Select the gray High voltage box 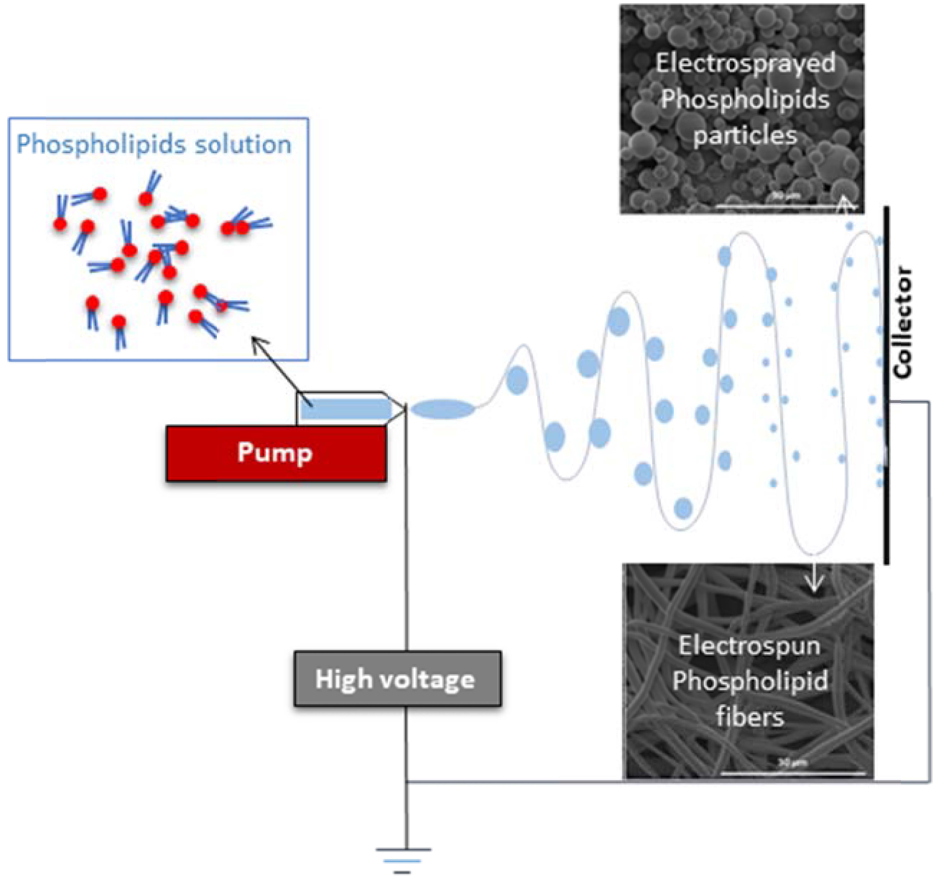pos(397,678)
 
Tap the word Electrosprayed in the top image pos(745,63)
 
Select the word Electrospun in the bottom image pos(749,645)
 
